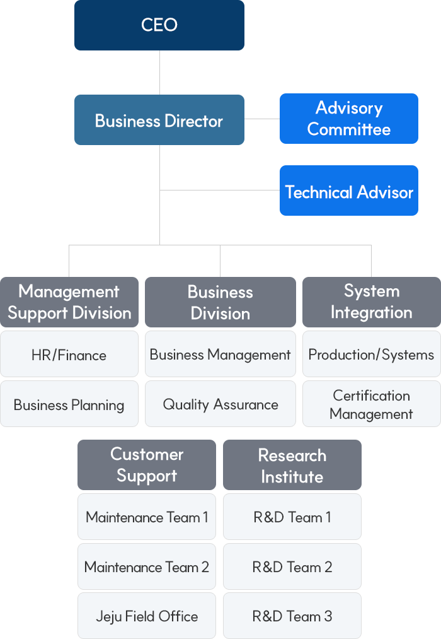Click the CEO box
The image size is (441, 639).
159,25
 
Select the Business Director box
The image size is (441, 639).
159,120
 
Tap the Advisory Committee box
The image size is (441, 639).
348,119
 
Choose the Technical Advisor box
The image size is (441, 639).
348,191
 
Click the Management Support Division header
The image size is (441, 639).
69,302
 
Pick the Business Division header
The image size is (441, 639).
220,302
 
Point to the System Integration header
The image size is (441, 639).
371,302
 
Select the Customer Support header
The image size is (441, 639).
147,465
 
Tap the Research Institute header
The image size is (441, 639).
292,465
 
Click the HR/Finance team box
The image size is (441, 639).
69,355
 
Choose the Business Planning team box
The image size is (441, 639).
69,404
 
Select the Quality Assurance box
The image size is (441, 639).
220,404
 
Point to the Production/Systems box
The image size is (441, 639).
371,355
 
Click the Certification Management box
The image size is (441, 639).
371,404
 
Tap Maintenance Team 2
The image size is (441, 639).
147,566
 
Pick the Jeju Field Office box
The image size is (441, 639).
147,616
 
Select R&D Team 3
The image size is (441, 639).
292,616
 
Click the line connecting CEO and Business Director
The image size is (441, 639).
159,73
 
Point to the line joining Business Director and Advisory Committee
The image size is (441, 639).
261,119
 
